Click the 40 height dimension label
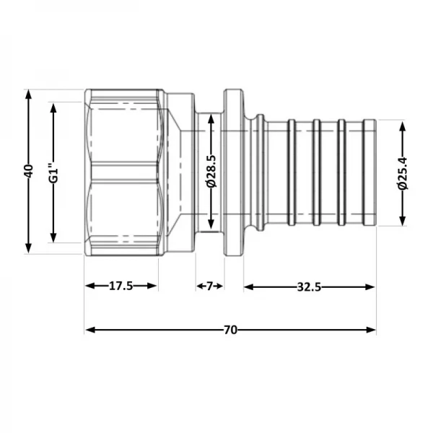tap(28, 171)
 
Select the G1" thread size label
tap(53, 172)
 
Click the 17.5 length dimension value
tap(121, 287)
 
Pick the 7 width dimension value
tap(210, 287)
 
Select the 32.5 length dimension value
tap(308, 287)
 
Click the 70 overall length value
tap(229, 330)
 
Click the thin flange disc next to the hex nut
tap(234, 172)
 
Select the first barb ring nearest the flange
tap(291, 172)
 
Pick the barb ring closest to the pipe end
tap(341, 172)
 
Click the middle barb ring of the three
tap(316, 172)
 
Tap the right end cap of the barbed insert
tap(369, 172)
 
